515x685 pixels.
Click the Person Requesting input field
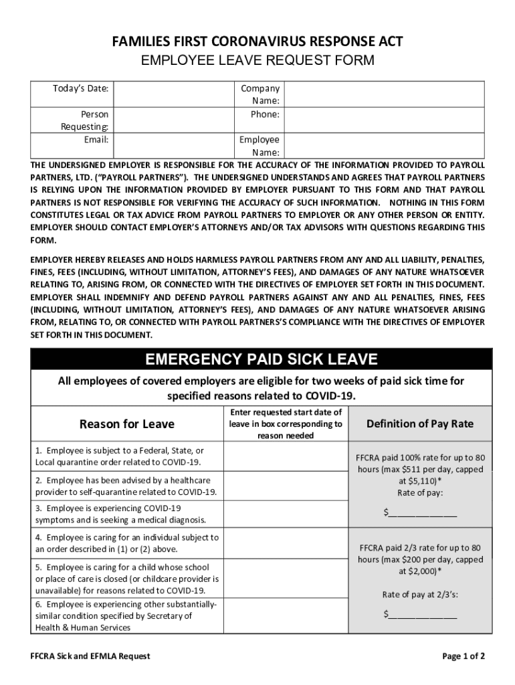(170, 120)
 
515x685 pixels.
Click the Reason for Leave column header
(127, 424)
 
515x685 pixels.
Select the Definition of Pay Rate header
(420, 423)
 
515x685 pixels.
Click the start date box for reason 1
(286, 457)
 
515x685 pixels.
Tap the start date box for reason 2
(286, 486)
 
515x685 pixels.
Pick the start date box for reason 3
(286, 513)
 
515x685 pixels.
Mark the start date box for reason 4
(286, 543)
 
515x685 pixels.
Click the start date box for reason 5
(286, 578)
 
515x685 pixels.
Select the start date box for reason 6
(286, 615)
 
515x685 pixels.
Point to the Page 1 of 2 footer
(463, 656)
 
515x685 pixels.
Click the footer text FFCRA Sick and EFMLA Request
(85, 656)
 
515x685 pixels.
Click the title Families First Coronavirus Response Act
(257, 42)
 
